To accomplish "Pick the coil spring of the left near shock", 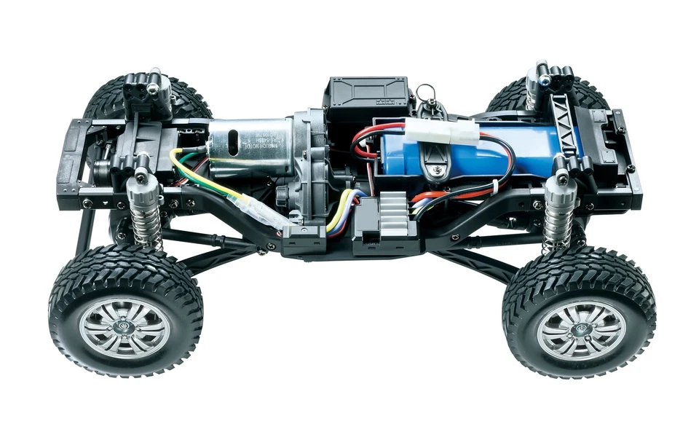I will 143,219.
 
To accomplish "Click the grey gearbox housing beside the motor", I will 306,153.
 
